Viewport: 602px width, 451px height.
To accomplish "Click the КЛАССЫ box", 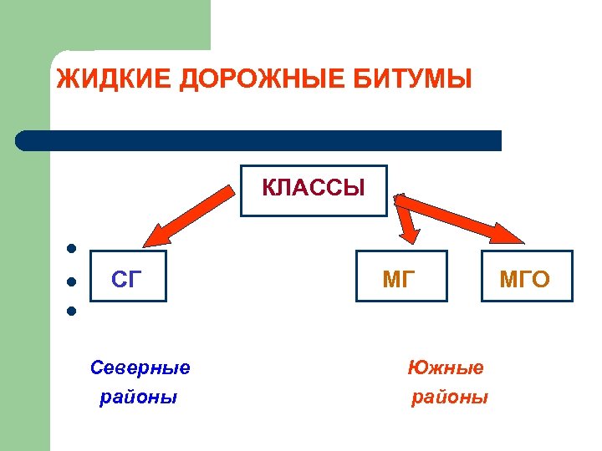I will pyautogui.click(x=314, y=188).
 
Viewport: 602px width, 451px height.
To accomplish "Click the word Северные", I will pyautogui.click(x=140, y=367).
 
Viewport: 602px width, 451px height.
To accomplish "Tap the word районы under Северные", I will pyautogui.click(x=139, y=397).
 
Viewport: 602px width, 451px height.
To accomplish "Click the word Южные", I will pyautogui.click(x=446, y=367).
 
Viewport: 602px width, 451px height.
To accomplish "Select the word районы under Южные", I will pyautogui.click(x=450, y=397).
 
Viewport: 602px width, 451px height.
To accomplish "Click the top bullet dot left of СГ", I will pyautogui.click(x=73, y=248).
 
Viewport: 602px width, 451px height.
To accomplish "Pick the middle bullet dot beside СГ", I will pyautogui.click(x=73, y=281).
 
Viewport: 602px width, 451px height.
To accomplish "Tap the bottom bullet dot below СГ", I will pyautogui.click(x=73, y=312).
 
